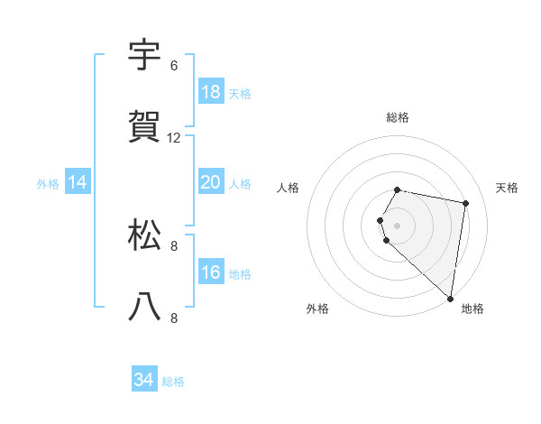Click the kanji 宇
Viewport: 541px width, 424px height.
[x=145, y=56]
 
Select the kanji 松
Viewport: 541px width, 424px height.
[x=145, y=235]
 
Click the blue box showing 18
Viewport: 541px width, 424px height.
[x=211, y=92]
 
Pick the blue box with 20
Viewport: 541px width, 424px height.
[x=211, y=182]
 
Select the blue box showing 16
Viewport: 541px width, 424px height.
[x=211, y=272]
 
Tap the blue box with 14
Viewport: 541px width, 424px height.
[x=78, y=182]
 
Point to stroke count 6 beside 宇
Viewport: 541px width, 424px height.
[x=174, y=66]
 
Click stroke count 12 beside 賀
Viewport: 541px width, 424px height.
[x=174, y=138]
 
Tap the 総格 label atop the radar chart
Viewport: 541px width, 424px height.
[x=398, y=117]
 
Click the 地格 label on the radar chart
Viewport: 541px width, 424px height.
[x=472, y=309]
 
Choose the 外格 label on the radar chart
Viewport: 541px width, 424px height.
[x=317, y=309]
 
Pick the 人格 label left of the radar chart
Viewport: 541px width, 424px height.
[x=289, y=188]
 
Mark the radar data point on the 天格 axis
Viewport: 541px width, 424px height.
[x=465, y=203]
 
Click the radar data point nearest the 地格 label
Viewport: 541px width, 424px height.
[x=451, y=298]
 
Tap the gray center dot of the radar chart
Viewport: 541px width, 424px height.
[x=398, y=225]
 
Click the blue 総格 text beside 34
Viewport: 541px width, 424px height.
[x=173, y=382]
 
